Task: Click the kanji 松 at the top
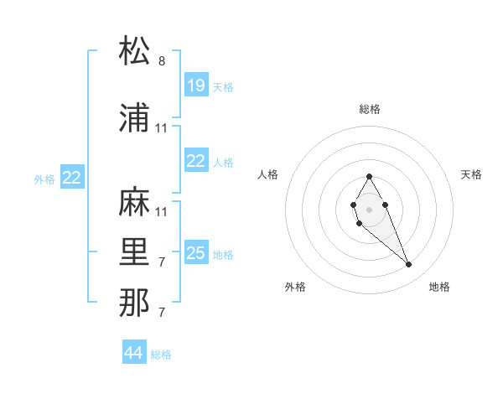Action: click(135, 51)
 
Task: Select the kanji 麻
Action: click(135, 204)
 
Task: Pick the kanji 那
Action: click(135, 304)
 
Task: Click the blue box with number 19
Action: click(196, 85)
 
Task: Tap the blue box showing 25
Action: click(196, 253)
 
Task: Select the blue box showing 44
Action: click(134, 353)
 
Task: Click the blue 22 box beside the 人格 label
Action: click(196, 161)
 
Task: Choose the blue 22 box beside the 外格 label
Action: click(72, 177)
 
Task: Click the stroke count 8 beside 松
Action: click(162, 61)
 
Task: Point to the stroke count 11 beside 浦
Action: click(162, 128)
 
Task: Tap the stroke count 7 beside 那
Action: click(162, 313)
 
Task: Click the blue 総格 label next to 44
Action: click(162, 355)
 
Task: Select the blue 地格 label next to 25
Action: click(223, 255)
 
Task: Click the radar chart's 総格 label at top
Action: click(369, 109)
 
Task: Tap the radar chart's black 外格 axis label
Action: click(295, 287)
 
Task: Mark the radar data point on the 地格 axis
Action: click(409, 265)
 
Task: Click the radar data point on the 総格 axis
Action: click(369, 176)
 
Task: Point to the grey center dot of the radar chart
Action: click(369, 208)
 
